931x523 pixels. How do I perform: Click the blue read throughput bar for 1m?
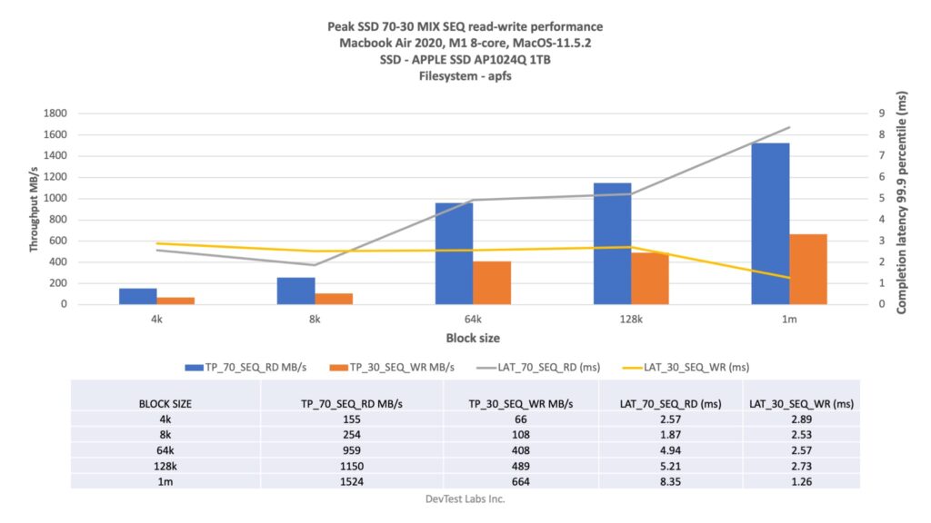(770, 223)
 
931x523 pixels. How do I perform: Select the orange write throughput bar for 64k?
(492, 282)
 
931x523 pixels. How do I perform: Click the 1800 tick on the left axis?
(55, 113)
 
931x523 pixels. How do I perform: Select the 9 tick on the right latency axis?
(880, 113)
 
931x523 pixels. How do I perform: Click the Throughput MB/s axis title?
(34, 209)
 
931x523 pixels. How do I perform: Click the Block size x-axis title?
(472, 338)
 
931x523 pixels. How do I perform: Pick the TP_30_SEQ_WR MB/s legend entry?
(398, 368)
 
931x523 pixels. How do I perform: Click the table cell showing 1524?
(352, 481)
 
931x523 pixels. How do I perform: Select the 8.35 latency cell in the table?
(671, 481)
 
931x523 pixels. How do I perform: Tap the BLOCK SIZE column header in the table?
(165, 403)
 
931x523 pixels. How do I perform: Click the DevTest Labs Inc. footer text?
(465, 498)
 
